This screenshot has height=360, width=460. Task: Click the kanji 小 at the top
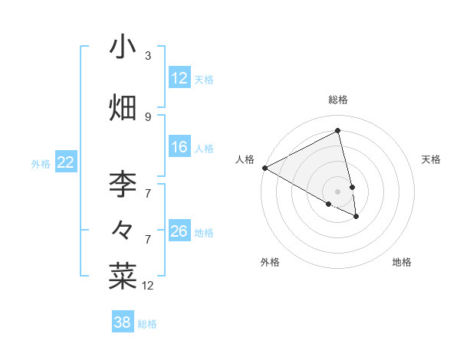pyautogui.click(x=123, y=47)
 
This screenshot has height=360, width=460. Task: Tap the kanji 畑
pyautogui.click(x=123, y=107)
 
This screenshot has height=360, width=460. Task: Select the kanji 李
pyautogui.click(x=123, y=184)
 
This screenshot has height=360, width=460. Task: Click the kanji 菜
pyautogui.click(x=123, y=276)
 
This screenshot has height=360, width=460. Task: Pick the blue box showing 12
pyautogui.click(x=179, y=77)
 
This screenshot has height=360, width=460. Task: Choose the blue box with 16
pyautogui.click(x=179, y=147)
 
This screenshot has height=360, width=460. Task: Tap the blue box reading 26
pyautogui.click(x=179, y=231)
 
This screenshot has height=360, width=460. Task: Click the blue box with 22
pyautogui.click(x=65, y=162)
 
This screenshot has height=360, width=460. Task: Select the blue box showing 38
pyautogui.click(x=123, y=322)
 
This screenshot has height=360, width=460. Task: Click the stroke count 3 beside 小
pyautogui.click(x=148, y=55)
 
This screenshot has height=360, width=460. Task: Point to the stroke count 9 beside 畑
pyautogui.click(x=148, y=116)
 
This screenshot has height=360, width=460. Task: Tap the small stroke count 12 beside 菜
pyautogui.click(x=148, y=286)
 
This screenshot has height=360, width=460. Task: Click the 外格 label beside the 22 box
pyautogui.click(x=41, y=163)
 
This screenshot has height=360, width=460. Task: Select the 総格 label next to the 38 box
pyautogui.click(x=147, y=324)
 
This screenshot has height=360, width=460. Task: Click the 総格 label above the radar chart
pyautogui.click(x=338, y=100)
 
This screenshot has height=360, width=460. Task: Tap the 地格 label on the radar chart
pyautogui.click(x=402, y=262)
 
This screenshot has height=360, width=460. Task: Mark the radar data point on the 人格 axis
pyautogui.click(x=264, y=168)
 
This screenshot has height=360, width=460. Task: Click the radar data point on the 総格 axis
pyautogui.click(x=338, y=131)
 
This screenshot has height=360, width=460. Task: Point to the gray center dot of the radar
pyautogui.click(x=338, y=191)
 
